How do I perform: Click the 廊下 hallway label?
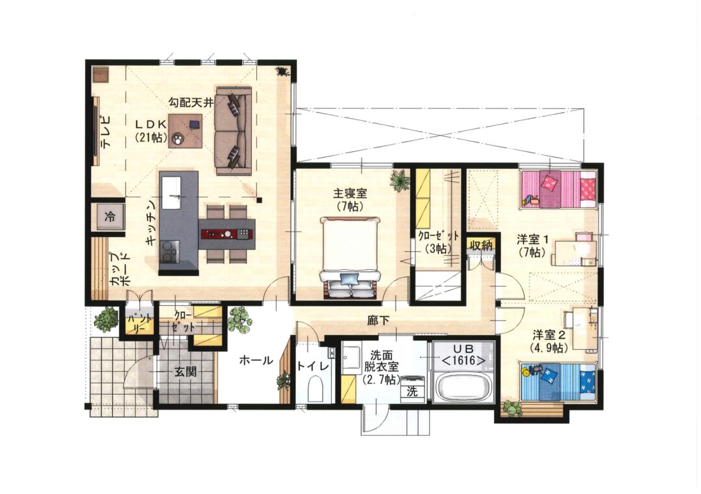[x=378, y=320]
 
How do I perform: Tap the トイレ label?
[x=313, y=365]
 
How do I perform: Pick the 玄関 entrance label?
[x=185, y=371]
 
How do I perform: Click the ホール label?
[x=256, y=360]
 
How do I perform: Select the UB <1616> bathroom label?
[x=463, y=354]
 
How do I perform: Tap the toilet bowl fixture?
[x=315, y=388]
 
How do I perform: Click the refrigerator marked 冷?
[x=110, y=217]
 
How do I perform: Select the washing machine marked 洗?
[x=412, y=388]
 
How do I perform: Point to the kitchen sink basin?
[x=171, y=193]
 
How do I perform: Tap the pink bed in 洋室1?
[x=558, y=189]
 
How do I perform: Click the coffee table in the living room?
[x=185, y=131]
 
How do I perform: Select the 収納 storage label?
[x=481, y=245]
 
